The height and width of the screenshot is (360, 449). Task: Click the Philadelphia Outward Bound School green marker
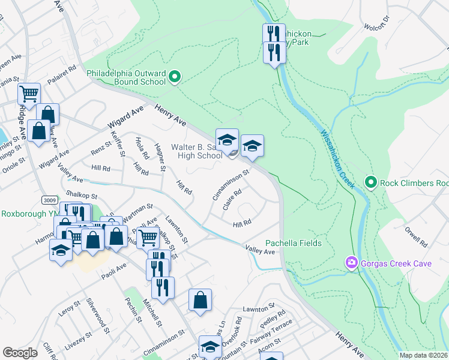[x=175, y=77]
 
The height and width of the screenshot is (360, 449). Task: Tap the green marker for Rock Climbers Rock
[x=371, y=182]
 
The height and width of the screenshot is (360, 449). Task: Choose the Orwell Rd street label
[x=415, y=235]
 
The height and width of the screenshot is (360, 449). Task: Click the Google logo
[x=20, y=352]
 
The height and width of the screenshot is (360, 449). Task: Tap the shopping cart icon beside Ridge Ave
[x=29, y=94]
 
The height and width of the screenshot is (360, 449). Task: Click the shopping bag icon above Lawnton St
[x=200, y=300]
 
